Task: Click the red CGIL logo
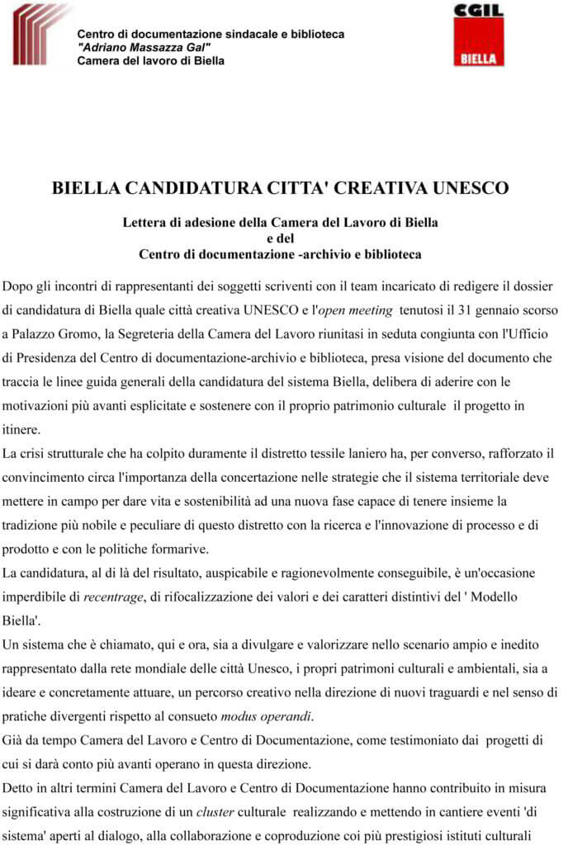click(x=479, y=35)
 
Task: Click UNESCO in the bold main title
click(x=467, y=187)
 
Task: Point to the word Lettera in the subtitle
click(x=144, y=222)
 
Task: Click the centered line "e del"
click(x=280, y=238)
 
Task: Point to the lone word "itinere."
click(x=21, y=430)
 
